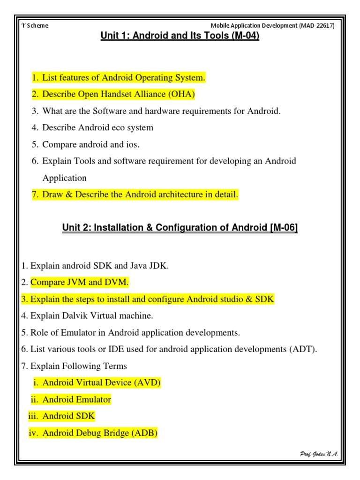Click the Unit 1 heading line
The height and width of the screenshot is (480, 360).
tap(180, 36)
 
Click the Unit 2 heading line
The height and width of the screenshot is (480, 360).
tap(180, 228)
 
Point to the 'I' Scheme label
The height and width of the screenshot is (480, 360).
tap(35, 26)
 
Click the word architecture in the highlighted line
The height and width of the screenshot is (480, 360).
tap(180, 195)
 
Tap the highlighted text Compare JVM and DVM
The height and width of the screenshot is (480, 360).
tap(79, 282)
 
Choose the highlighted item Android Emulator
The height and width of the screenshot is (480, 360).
tap(76, 400)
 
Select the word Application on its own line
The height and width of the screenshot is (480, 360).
tap(64, 178)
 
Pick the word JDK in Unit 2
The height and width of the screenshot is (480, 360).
tap(157, 266)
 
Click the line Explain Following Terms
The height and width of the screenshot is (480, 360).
tap(78, 366)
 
